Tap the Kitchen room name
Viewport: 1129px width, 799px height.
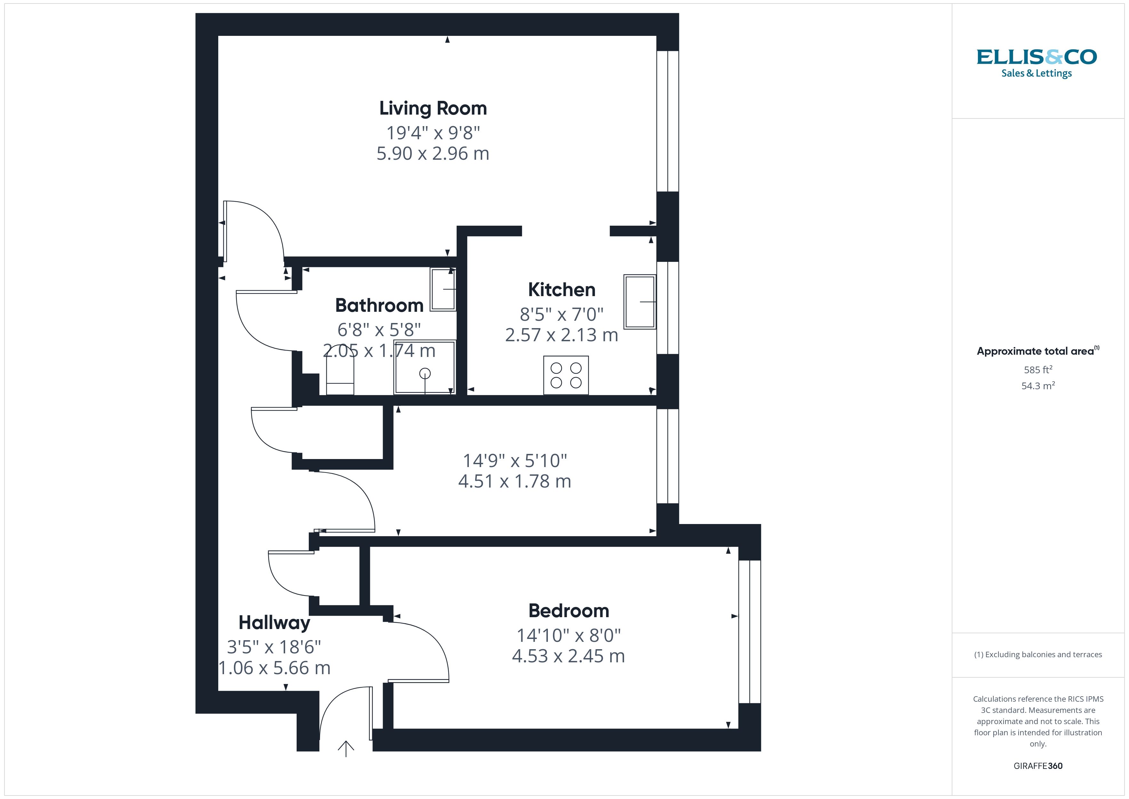[562, 290]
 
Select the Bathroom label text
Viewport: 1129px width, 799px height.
[379, 305]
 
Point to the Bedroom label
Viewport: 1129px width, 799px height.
[568, 610]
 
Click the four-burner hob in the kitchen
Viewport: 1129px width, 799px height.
[566, 375]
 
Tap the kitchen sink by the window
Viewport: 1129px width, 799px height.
[640, 302]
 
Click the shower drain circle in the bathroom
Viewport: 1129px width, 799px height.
[425, 374]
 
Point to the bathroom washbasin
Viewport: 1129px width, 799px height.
[443, 289]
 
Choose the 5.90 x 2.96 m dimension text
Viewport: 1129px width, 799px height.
[433, 154]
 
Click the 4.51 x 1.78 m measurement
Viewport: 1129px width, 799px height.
[514, 481]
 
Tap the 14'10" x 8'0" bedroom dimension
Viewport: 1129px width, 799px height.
[568, 635]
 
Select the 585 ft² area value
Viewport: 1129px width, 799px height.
[1038, 369]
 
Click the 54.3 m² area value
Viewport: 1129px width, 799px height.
[1038, 386]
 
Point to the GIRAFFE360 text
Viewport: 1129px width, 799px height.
[1038, 766]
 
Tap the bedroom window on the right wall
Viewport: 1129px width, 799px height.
[750, 631]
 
